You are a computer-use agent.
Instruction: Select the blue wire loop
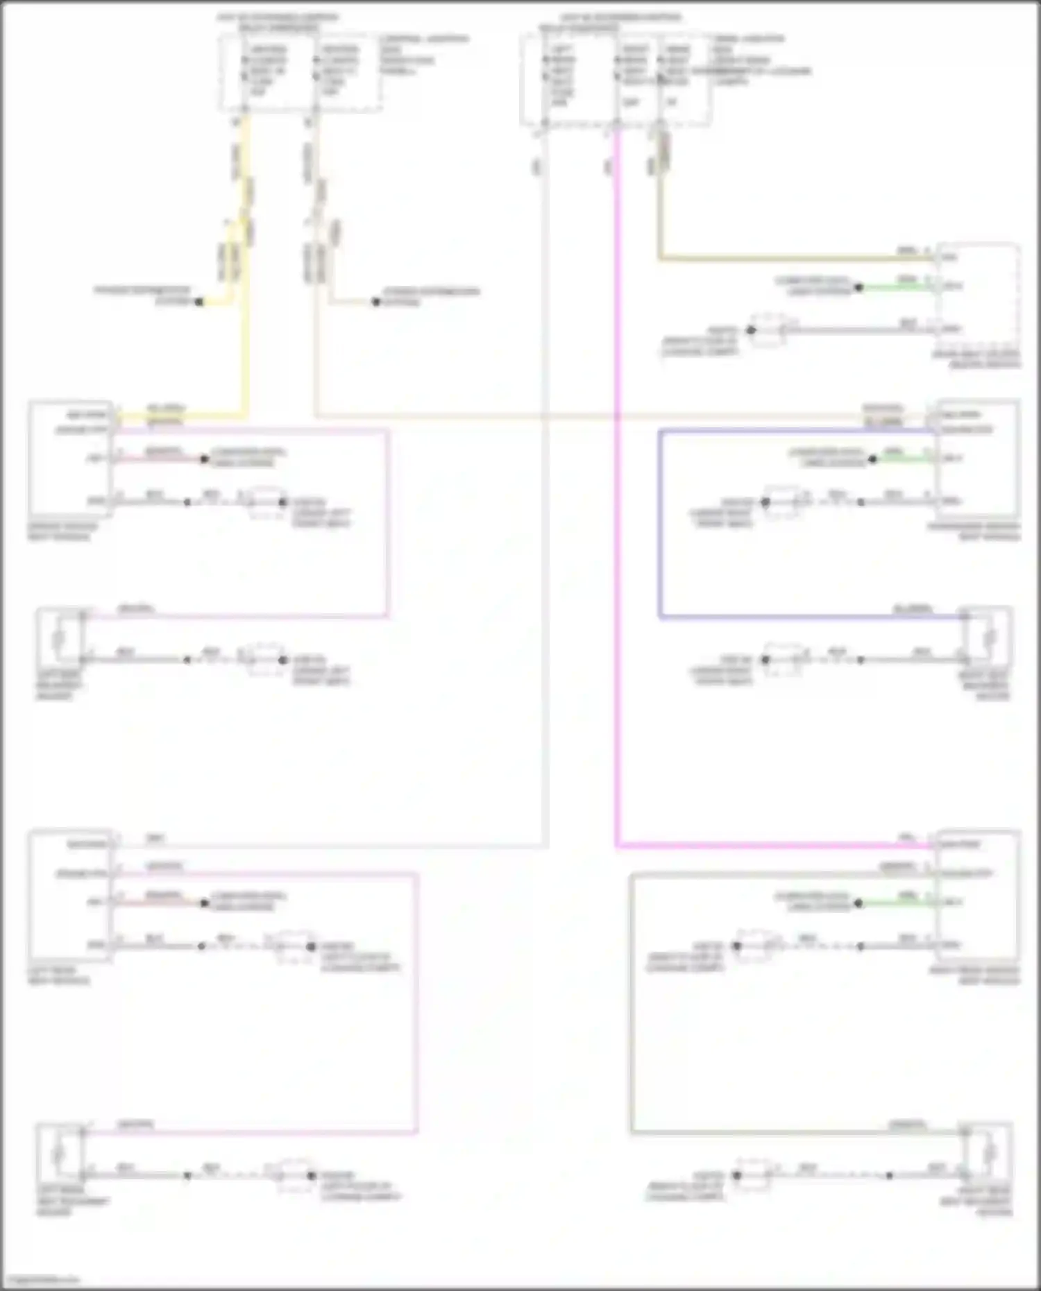coord(660,527)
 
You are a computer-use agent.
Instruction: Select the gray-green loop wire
coord(632,1006)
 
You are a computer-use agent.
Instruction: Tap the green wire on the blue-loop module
coord(902,459)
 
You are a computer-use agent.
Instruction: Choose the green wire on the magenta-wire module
coord(895,903)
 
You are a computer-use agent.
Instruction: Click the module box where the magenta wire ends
coord(977,895)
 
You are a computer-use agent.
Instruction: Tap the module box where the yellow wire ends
coord(69,458)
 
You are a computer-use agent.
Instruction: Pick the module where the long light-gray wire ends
coord(69,895)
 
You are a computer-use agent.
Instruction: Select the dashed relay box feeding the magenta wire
coord(615,80)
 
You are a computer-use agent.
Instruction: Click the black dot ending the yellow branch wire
coord(199,302)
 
